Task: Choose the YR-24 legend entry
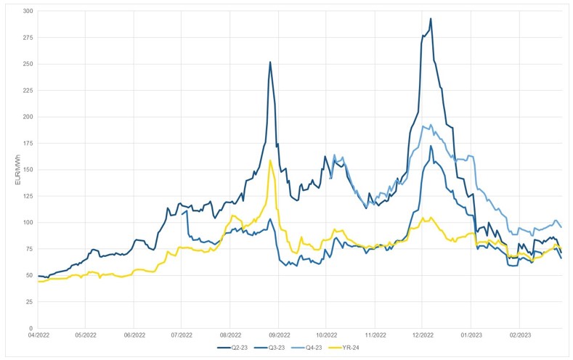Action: [354, 348]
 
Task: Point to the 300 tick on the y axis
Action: [27, 11]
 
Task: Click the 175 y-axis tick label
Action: [27, 143]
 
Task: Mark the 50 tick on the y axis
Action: [28, 275]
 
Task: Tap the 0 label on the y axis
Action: [31, 328]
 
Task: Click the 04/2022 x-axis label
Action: [38, 337]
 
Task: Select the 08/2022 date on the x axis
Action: [230, 337]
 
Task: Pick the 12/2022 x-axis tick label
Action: [423, 337]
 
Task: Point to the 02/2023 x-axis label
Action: [519, 337]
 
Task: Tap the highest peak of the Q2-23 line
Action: [431, 19]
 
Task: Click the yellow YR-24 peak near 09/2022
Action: [270, 160]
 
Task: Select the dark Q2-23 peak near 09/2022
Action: [270, 62]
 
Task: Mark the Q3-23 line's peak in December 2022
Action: [431, 146]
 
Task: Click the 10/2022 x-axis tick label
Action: [327, 337]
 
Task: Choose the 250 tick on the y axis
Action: [27, 64]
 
